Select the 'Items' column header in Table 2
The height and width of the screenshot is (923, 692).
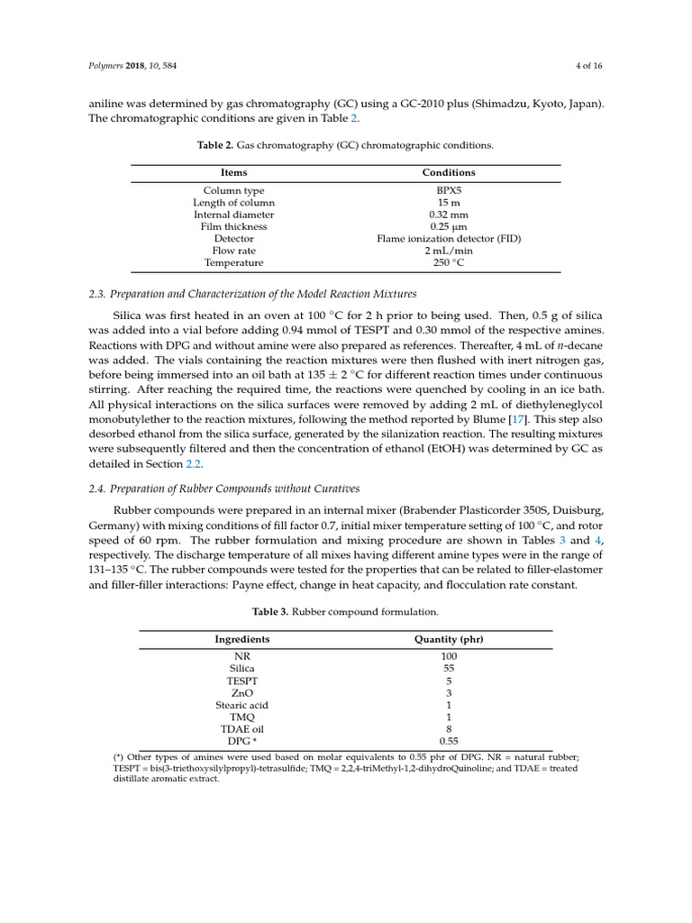(x=233, y=172)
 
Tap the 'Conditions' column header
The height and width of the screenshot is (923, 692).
(x=449, y=172)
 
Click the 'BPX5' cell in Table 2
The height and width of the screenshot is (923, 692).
(x=449, y=191)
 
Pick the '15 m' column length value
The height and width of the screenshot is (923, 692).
(x=449, y=203)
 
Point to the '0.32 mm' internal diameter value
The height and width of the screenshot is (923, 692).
(x=449, y=215)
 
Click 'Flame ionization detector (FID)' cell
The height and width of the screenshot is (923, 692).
(x=449, y=239)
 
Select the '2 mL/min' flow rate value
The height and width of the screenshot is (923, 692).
(x=449, y=251)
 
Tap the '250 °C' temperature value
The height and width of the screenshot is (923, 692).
(x=449, y=263)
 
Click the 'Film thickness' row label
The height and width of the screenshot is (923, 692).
(x=233, y=227)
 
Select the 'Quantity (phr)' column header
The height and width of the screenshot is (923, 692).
(x=449, y=639)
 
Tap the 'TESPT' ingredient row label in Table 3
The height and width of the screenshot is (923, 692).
(x=241, y=681)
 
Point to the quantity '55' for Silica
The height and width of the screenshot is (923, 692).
(x=449, y=669)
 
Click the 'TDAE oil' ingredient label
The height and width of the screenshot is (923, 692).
(x=241, y=729)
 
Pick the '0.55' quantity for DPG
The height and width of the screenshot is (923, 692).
(x=449, y=741)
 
